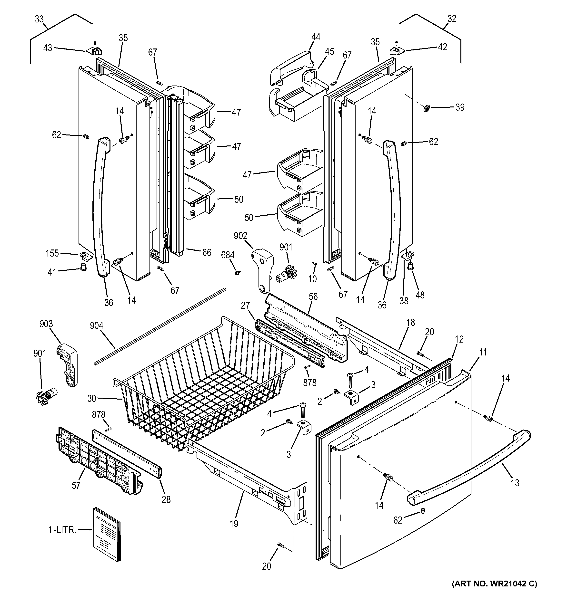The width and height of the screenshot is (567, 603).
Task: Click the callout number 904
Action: [x=97, y=326]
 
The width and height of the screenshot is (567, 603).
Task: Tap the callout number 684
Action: [x=228, y=255]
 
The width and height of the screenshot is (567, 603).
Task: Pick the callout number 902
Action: [x=240, y=235]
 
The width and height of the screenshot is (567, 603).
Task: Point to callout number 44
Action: [x=316, y=37]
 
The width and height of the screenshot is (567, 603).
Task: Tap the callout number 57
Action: [x=76, y=485]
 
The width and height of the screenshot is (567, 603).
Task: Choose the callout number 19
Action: [x=234, y=524]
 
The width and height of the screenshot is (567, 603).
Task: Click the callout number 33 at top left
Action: [x=39, y=19]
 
